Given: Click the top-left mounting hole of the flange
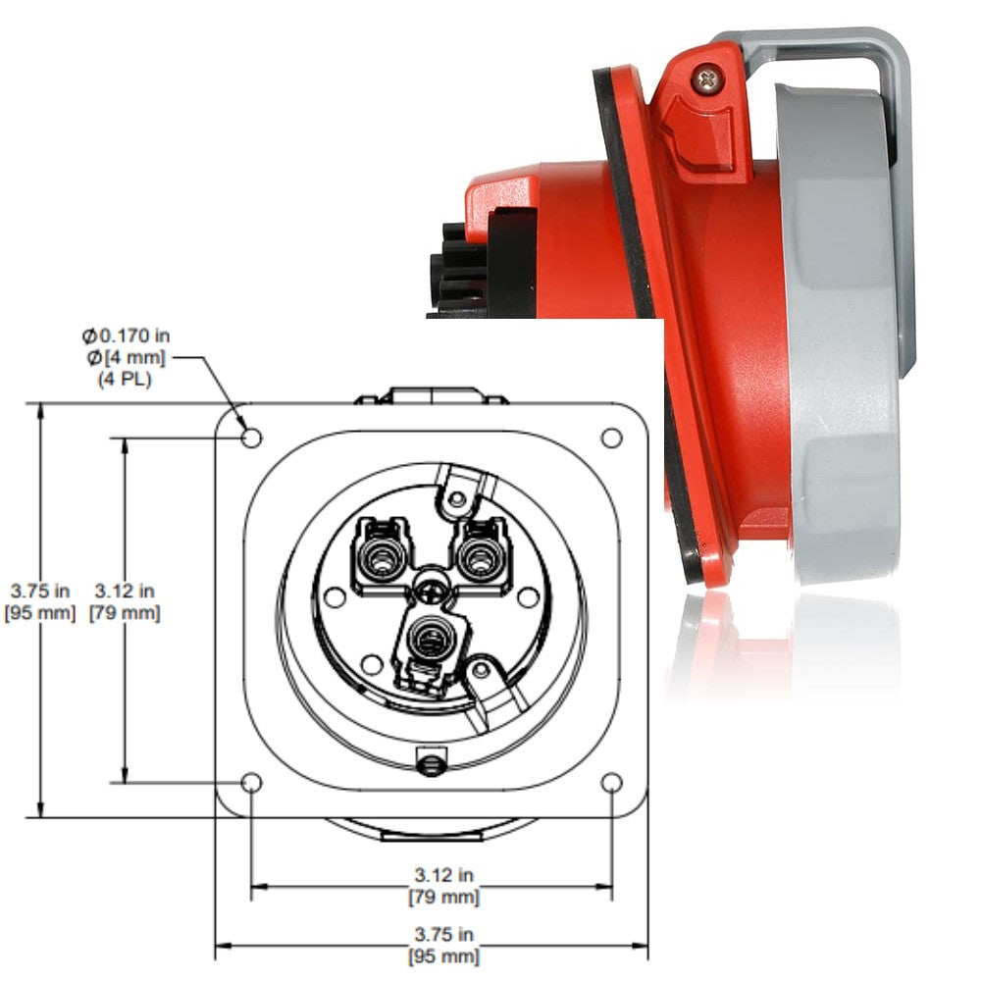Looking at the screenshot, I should click(251, 437).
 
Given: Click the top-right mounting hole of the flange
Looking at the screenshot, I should click(611, 437).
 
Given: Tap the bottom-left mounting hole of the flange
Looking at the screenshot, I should click(251, 783).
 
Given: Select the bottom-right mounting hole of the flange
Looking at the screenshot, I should click(611, 783).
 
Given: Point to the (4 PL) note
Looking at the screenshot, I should click(125, 377).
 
